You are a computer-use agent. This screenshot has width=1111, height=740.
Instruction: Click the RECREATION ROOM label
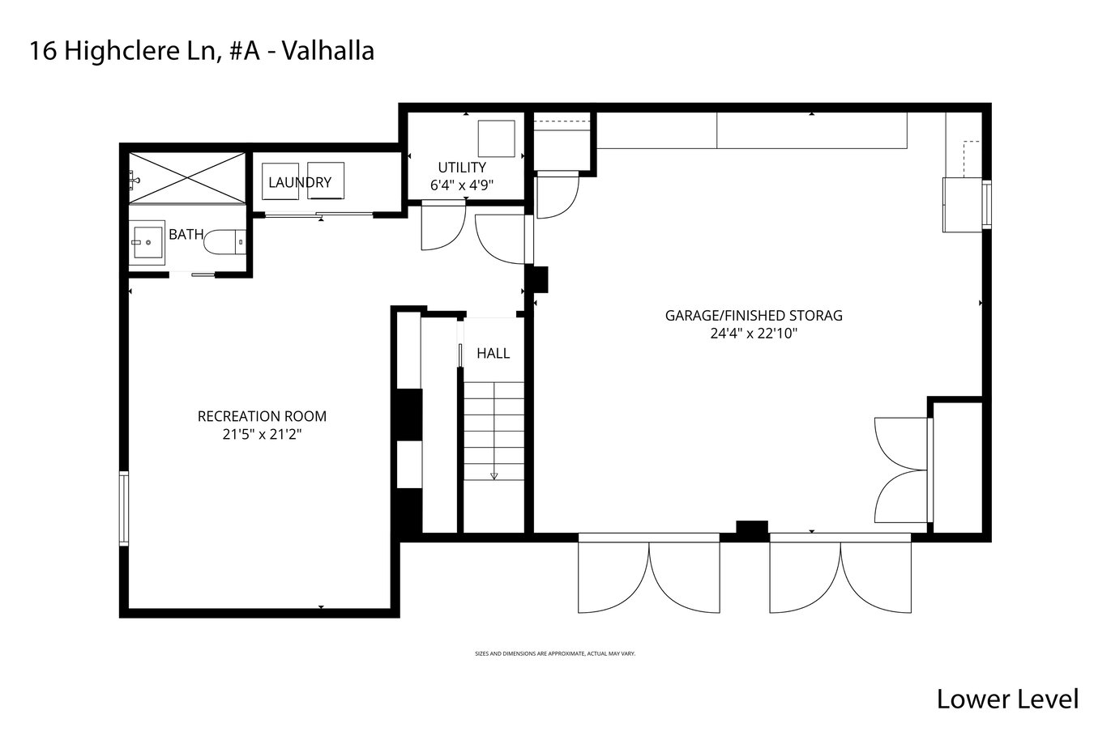point(262,416)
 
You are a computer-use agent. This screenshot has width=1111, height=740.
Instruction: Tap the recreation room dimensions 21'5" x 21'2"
point(262,435)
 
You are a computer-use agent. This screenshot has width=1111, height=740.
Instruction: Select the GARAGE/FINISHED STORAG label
point(754,316)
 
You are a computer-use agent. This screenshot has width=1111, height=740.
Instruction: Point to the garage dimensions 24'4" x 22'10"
point(754,334)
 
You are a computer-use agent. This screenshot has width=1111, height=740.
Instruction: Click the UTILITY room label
point(462,168)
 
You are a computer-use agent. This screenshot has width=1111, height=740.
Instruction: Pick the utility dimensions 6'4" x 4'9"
point(462,185)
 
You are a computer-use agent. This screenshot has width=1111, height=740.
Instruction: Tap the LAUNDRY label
point(300,183)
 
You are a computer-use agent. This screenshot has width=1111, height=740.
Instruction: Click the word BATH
point(186,235)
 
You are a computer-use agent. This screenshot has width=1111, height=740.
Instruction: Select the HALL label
point(493,353)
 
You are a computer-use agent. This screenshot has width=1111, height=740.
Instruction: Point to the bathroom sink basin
point(147,242)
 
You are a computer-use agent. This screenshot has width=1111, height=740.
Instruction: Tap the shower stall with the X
point(187,178)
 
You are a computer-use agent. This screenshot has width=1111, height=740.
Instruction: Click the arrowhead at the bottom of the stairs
point(494,476)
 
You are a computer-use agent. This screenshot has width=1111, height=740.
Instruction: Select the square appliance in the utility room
point(496,138)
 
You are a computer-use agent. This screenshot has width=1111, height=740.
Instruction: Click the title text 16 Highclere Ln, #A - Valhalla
point(202,51)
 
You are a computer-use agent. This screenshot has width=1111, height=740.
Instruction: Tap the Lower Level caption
point(1007,700)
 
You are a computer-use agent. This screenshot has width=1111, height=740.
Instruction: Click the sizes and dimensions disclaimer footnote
point(555,653)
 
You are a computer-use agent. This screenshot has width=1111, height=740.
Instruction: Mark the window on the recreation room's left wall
point(124,508)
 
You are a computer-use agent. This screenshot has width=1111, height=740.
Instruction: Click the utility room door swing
point(443,227)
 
